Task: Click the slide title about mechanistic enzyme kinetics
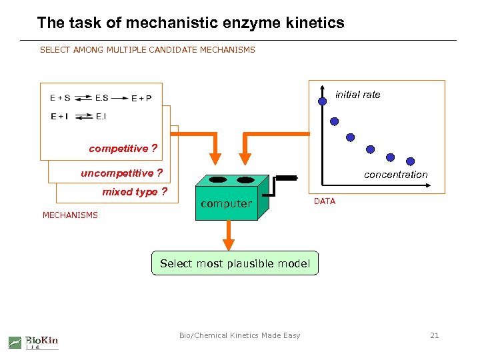(x=191, y=23)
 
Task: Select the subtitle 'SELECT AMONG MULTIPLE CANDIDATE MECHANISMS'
(x=147, y=50)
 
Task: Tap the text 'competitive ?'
(x=123, y=149)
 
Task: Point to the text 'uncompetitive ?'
(x=121, y=173)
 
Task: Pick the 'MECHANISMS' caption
(x=70, y=215)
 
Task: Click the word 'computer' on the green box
(x=226, y=204)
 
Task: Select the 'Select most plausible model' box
(x=235, y=263)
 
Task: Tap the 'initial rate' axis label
(x=358, y=95)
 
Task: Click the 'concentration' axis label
(x=395, y=175)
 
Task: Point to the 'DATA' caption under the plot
(x=325, y=201)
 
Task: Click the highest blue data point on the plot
(x=322, y=101)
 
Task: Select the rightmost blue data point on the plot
(x=411, y=161)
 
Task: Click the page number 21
(x=434, y=335)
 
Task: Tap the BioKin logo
(x=33, y=342)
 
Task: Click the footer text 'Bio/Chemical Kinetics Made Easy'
(x=239, y=335)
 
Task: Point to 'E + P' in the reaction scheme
(x=141, y=98)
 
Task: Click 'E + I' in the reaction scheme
(x=59, y=117)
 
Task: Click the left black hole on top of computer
(x=219, y=180)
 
